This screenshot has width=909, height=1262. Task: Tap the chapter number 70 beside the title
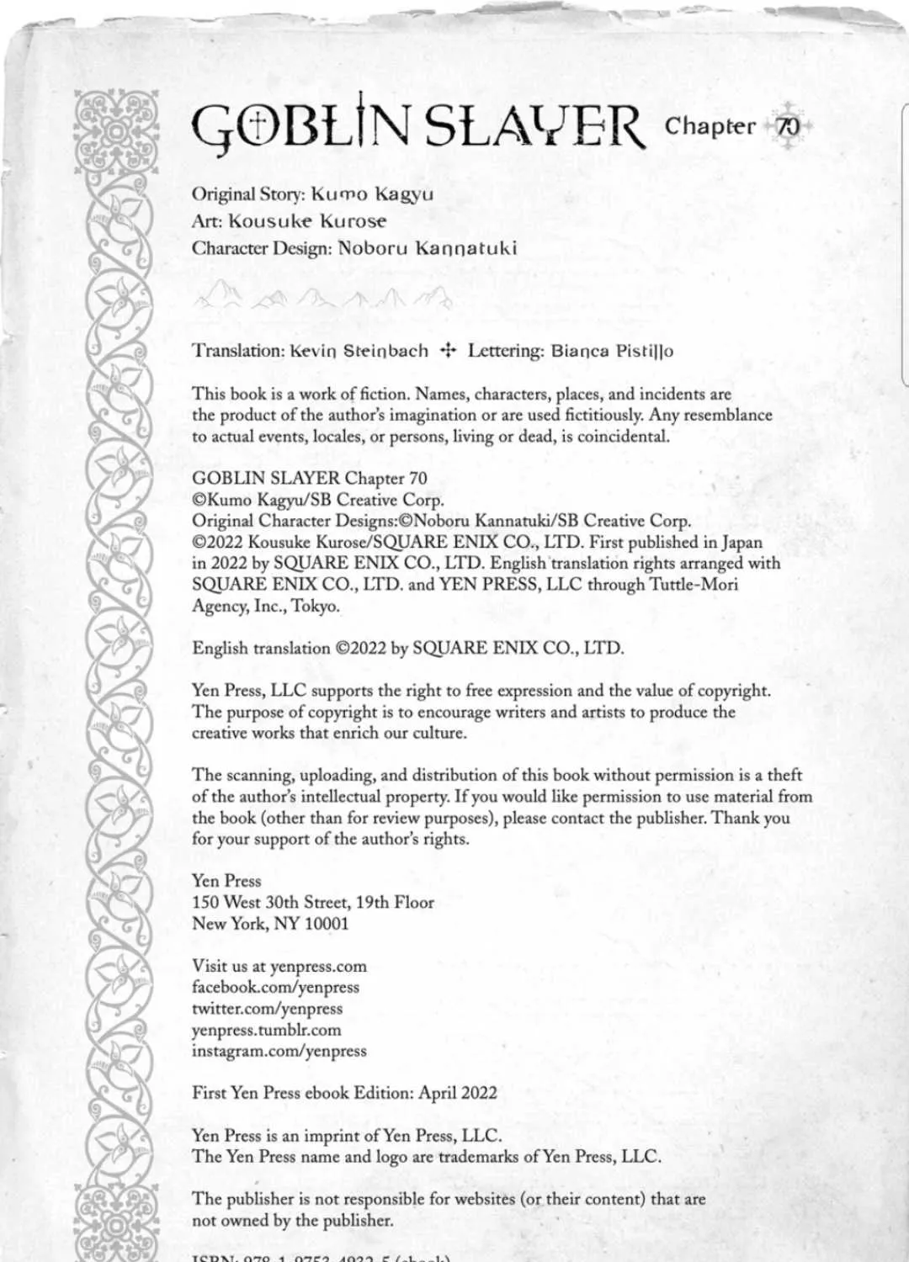788,127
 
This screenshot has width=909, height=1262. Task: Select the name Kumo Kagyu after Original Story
372,194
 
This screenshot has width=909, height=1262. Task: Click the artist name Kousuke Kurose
308,221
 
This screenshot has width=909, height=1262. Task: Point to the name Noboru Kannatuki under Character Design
428,248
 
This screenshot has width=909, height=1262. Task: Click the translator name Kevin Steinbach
359,351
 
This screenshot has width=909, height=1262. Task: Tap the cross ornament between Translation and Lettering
448,351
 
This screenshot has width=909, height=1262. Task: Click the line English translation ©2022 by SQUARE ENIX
408,649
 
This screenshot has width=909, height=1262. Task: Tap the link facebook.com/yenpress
275,988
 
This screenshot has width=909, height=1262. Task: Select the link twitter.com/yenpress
267,1009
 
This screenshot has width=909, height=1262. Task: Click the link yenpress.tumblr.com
267,1030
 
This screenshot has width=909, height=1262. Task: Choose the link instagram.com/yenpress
279,1051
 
